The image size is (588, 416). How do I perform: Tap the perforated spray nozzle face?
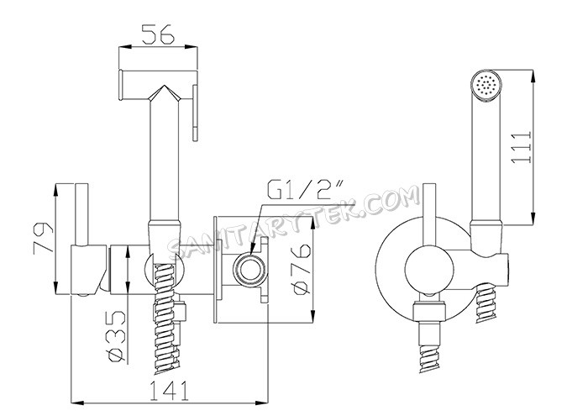point(483,84)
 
